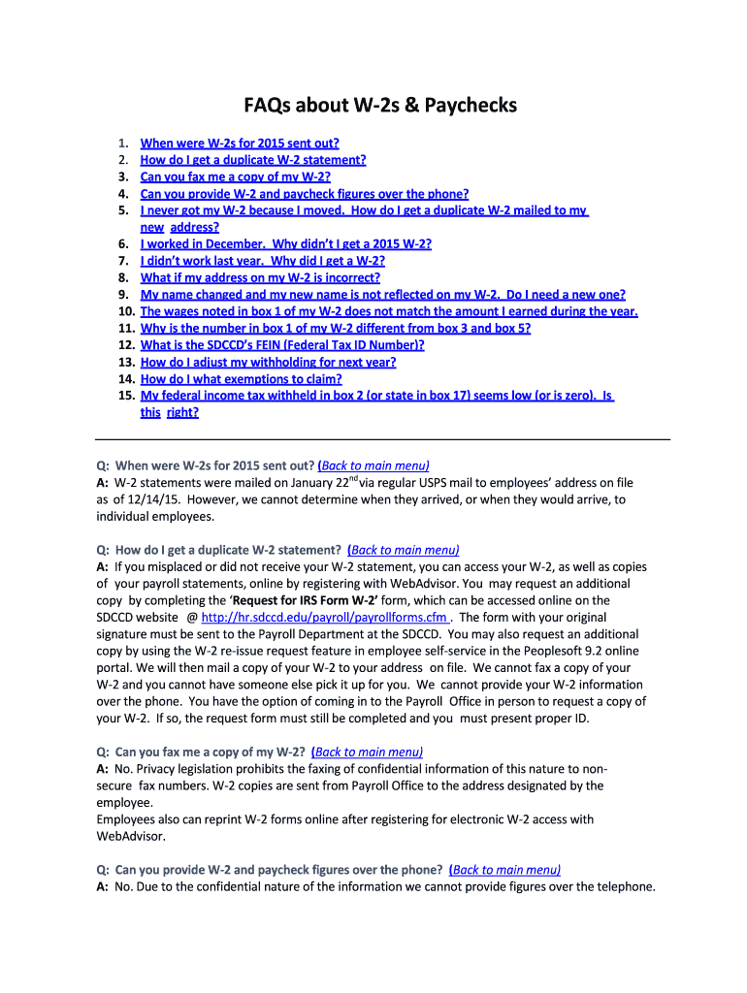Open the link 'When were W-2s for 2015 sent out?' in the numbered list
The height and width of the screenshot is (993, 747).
click(240, 143)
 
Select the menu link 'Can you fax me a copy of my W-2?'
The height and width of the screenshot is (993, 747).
click(236, 176)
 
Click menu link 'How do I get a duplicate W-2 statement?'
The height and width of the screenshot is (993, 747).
click(253, 160)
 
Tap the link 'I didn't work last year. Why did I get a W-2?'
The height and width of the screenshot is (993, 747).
click(263, 261)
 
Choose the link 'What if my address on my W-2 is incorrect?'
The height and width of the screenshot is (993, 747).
click(260, 277)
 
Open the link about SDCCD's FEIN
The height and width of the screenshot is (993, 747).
click(282, 344)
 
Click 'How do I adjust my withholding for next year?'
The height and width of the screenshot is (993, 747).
click(268, 362)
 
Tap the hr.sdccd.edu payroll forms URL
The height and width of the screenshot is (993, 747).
click(351, 617)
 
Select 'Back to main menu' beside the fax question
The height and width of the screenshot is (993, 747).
click(369, 752)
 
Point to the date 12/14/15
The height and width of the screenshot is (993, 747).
click(147, 499)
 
